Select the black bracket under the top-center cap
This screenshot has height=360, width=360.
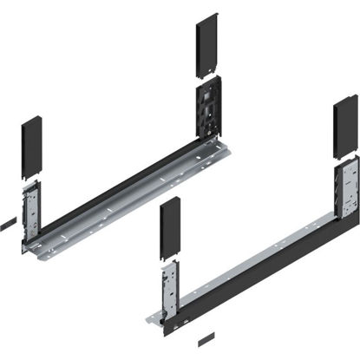coord(209,109)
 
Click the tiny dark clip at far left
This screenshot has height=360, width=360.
coord(5,224)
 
